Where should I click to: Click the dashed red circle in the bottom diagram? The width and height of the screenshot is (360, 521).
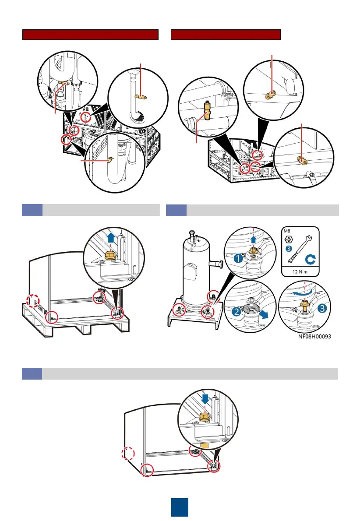point(128,453)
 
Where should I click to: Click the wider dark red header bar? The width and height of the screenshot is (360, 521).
point(90,35)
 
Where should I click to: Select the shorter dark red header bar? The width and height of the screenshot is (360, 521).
point(226,35)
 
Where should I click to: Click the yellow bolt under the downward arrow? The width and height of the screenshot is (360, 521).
point(204,416)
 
